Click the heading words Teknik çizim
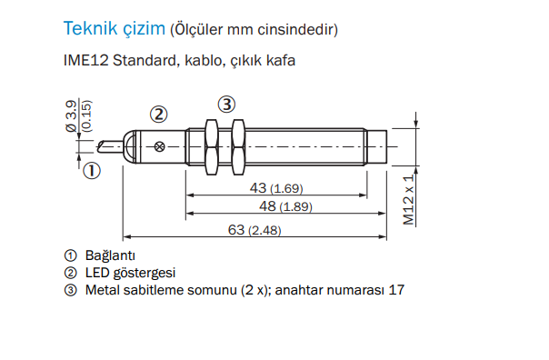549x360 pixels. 114,28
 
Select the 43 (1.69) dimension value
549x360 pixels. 274,187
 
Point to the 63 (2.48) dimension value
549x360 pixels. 254,230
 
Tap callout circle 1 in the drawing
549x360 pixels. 92,168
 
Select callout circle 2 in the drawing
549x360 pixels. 159,115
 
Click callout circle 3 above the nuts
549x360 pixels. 226,103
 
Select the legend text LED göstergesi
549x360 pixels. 130,273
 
